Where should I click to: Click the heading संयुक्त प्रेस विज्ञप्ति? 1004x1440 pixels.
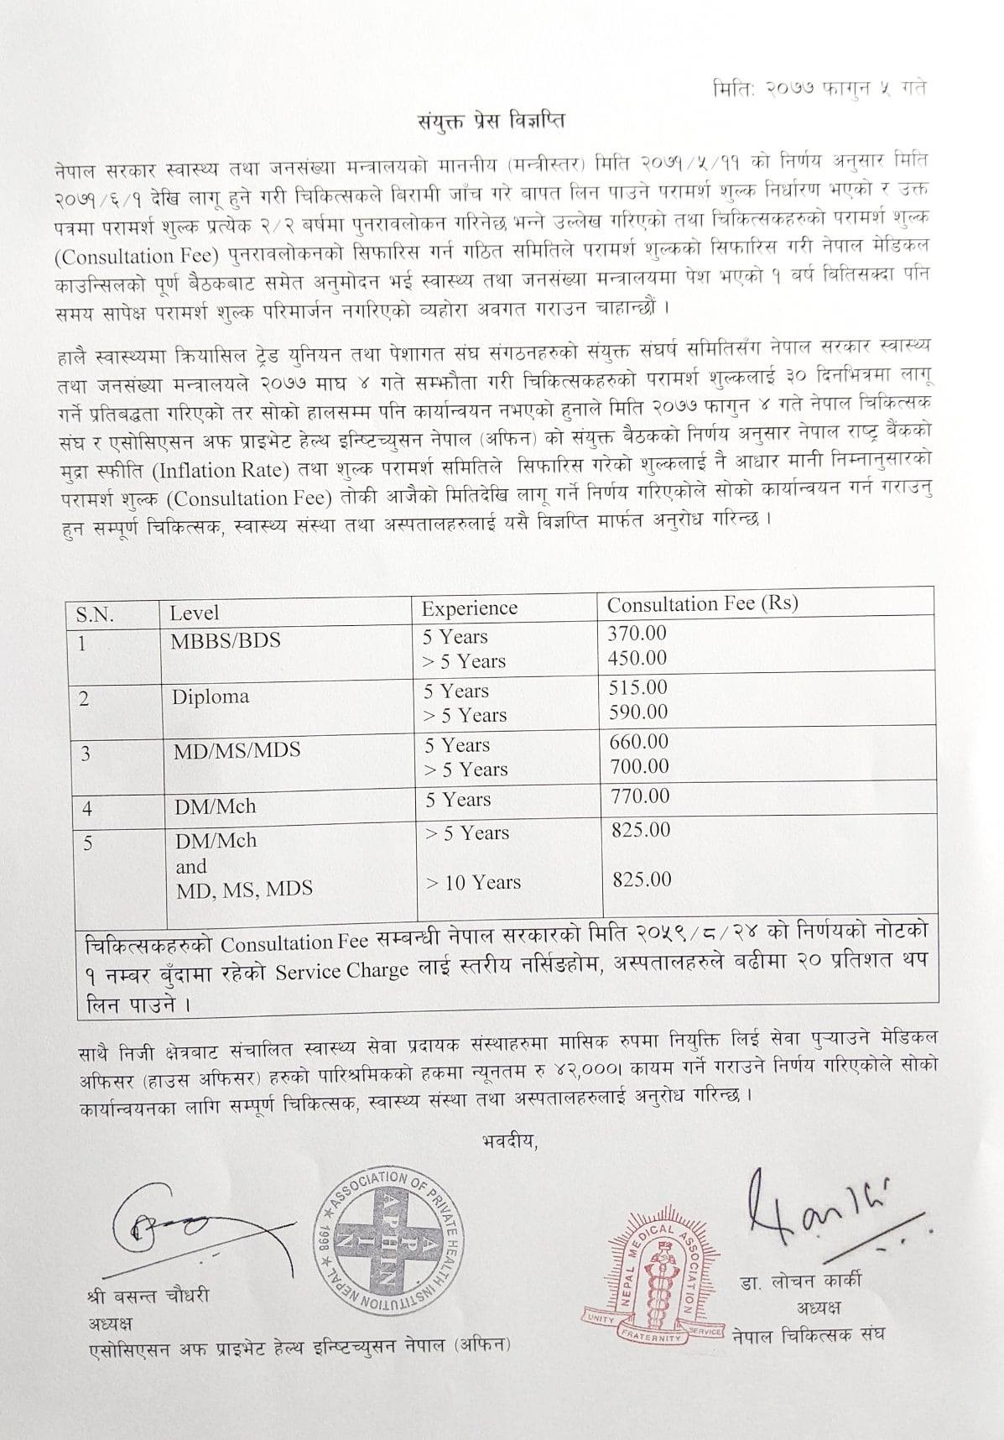tap(492, 121)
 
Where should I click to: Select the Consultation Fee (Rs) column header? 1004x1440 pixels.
tap(702, 604)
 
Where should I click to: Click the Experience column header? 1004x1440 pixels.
tap(469, 608)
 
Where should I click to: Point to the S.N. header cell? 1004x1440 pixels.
tap(95, 614)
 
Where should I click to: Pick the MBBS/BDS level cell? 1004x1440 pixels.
tap(226, 641)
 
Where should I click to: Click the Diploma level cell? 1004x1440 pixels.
tap(211, 697)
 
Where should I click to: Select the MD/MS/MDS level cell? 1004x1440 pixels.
tap(237, 750)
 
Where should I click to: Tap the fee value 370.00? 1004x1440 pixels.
tap(637, 634)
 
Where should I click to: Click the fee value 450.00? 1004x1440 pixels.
tap(637, 658)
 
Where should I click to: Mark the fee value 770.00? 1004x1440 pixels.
tap(640, 796)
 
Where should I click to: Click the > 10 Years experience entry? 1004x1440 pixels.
tap(473, 883)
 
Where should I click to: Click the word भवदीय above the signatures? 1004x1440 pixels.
tap(509, 1141)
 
